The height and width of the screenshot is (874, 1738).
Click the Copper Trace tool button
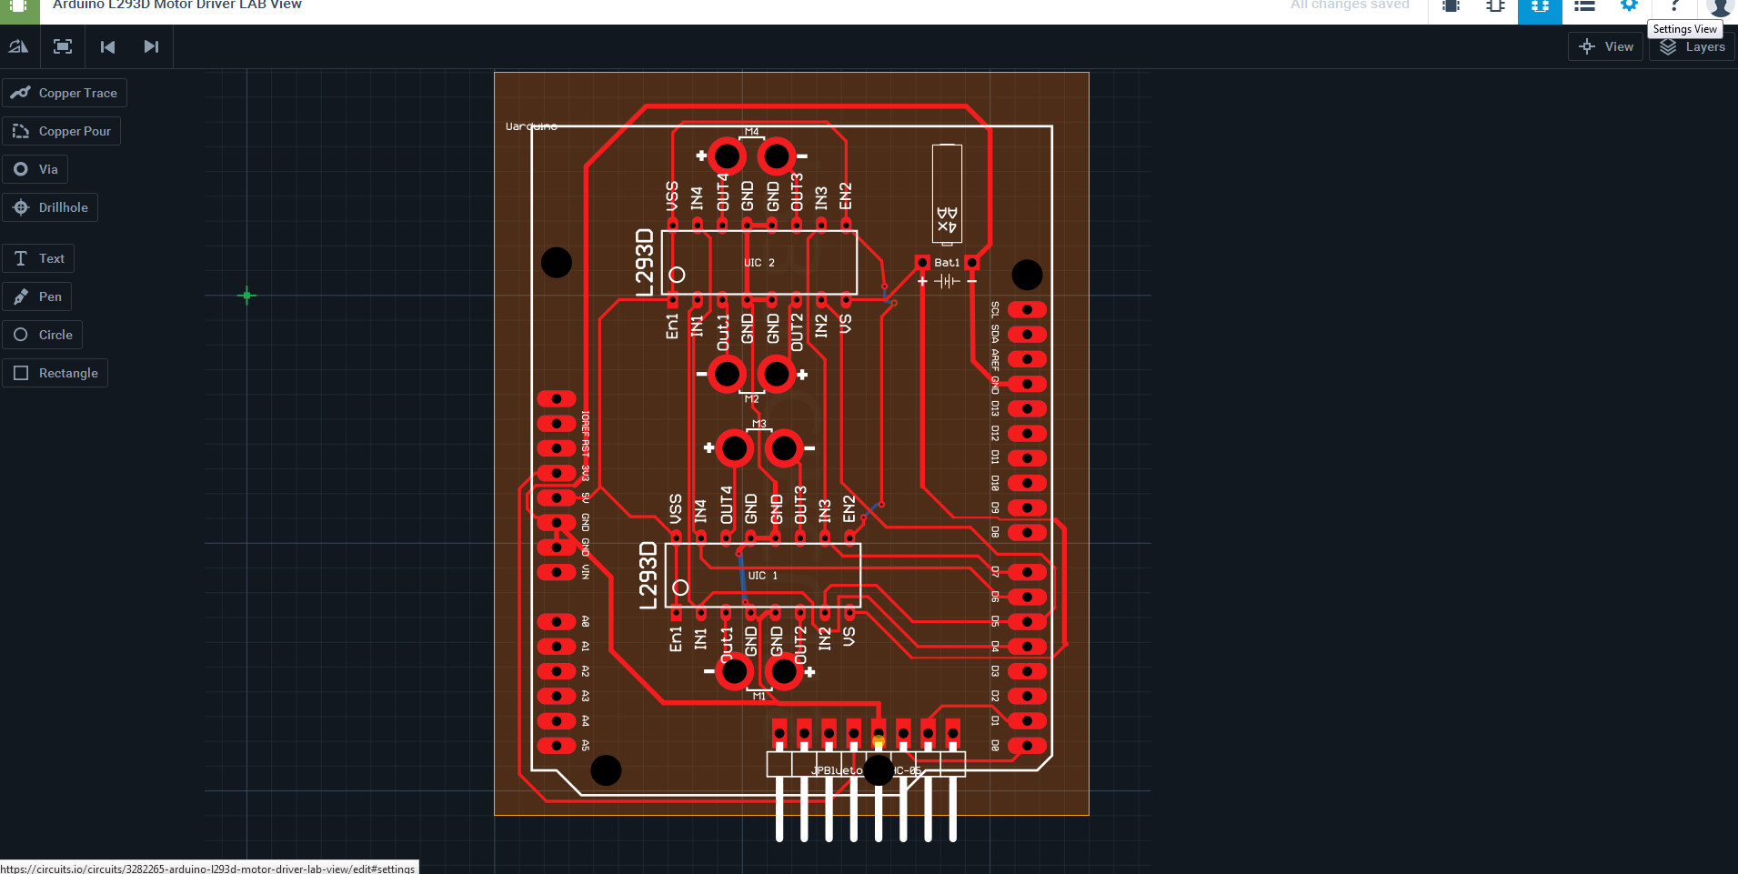point(65,93)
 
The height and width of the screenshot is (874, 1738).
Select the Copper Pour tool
point(62,131)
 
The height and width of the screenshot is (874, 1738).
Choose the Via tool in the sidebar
point(35,169)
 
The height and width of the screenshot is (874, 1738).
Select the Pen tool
point(37,296)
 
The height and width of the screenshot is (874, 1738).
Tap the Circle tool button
point(43,335)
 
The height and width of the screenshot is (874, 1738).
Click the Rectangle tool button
point(55,373)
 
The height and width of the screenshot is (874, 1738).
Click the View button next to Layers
point(1606,46)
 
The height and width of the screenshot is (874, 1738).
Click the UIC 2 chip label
point(759,263)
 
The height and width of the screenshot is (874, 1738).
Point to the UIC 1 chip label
point(763,576)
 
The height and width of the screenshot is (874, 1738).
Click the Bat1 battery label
point(947,263)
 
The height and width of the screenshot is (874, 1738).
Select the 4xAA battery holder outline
point(947,194)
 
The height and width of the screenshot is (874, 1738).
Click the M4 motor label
point(751,132)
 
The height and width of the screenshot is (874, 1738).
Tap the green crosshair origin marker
point(246,296)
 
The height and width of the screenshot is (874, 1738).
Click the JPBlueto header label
point(837,770)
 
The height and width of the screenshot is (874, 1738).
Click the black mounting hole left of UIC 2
point(557,263)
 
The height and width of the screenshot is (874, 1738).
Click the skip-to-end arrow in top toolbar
point(151,46)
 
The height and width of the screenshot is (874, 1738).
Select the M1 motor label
point(758,696)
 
